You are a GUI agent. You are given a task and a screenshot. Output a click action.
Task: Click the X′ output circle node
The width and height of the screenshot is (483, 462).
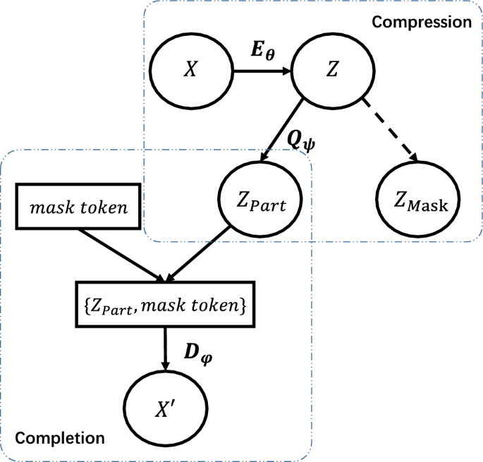click(166, 409)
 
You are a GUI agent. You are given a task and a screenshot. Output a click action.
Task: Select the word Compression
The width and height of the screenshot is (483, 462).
click(421, 22)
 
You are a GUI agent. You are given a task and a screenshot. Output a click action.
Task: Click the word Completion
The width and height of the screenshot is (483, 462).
click(60, 438)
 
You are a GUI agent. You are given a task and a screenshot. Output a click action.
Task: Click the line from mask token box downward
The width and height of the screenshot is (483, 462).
click(120, 253)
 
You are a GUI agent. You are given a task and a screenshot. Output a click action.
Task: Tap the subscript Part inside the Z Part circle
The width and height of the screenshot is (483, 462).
click(274, 207)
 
